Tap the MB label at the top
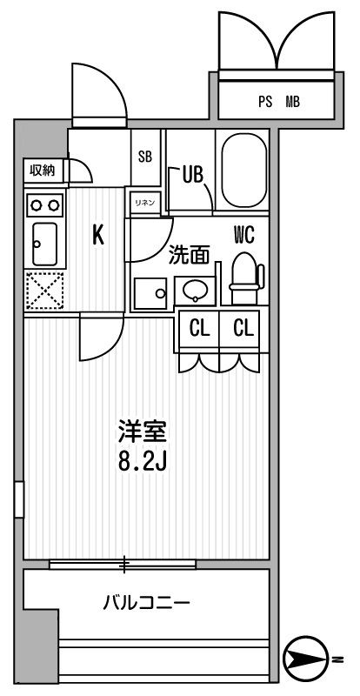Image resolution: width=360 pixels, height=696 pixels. (292, 102)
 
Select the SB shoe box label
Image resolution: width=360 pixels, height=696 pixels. (145, 157)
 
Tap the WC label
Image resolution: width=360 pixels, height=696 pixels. (243, 233)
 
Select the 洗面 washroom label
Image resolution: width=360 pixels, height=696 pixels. (189, 255)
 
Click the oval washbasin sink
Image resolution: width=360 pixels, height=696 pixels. (193, 290)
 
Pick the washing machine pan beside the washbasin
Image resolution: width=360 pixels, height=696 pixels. (150, 293)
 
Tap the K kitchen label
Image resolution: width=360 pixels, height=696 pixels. (98, 236)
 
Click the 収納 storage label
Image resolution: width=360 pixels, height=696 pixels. (42, 171)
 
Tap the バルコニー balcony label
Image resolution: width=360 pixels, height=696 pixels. (146, 603)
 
